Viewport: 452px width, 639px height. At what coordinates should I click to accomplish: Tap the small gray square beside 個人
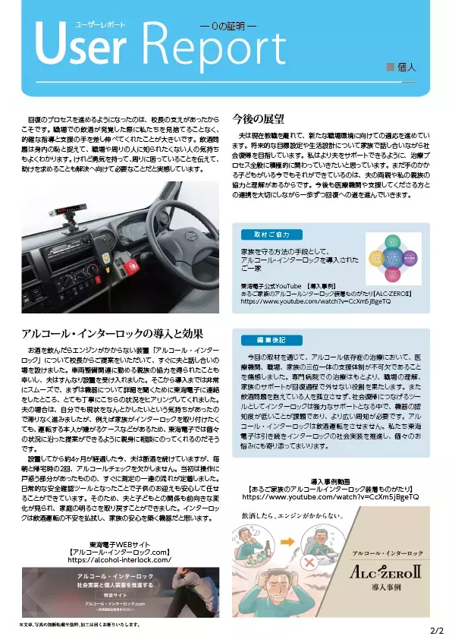(x=391, y=68)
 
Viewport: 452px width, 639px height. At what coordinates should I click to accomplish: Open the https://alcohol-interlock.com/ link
(x=119, y=560)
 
